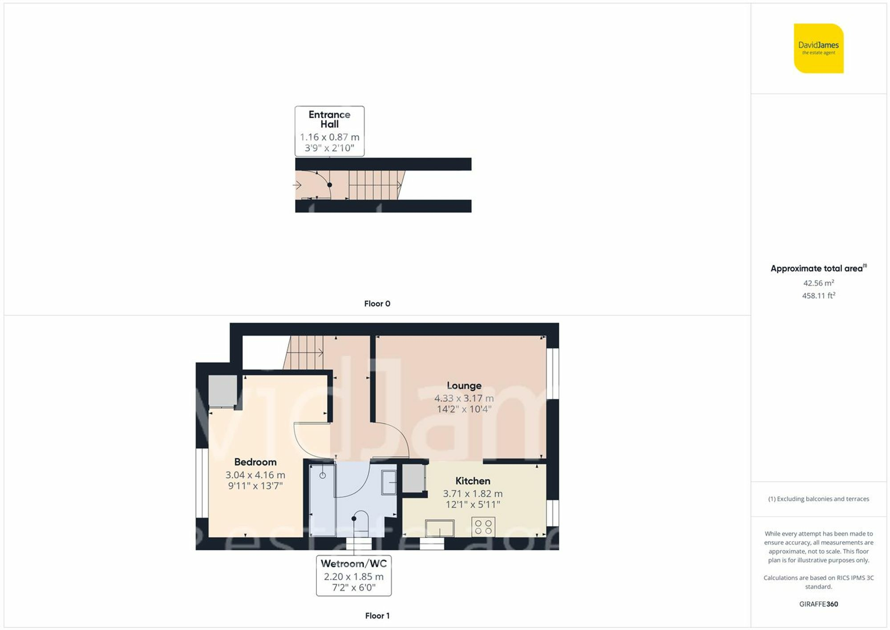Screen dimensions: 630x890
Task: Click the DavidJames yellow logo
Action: click(818, 48)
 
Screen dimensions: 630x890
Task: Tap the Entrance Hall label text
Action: click(329, 119)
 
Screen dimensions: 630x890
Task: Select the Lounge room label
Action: click(464, 386)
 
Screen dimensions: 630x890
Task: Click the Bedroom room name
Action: click(255, 462)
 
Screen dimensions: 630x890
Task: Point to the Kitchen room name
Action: click(473, 481)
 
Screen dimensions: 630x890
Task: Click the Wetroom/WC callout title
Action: click(354, 563)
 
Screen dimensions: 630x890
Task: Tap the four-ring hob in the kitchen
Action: click(483, 527)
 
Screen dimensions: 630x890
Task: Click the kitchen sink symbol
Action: click(440, 528)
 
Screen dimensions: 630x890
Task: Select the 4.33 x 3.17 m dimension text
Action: click(464, 398)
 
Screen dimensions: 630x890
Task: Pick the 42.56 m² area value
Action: click(818, 283)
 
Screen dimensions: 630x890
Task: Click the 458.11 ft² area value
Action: click(818, 295)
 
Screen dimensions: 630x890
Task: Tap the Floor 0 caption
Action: click(377, 304)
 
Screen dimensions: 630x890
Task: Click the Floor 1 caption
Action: click(377, 616)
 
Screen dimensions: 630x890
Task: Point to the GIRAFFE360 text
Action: click(818, 604)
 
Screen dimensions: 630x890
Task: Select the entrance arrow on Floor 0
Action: click(297, 185)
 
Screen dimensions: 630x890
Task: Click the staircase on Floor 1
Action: click(305, 353)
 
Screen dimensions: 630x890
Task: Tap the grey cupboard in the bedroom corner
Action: click(222, 391)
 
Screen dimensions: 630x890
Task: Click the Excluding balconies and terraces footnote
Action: click(818, 499)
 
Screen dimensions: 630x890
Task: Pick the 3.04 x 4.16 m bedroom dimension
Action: click(255, 475)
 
